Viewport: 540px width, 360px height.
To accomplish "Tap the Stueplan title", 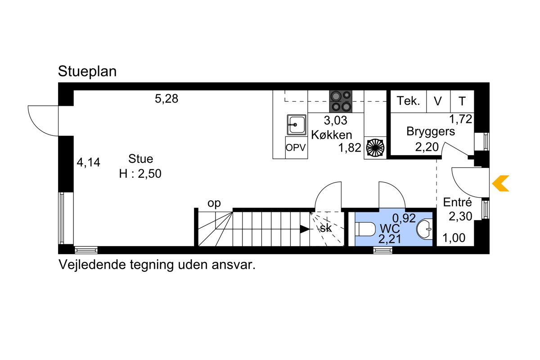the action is tap(87, 72).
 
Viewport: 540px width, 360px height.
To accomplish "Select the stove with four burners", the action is tap(341, 102).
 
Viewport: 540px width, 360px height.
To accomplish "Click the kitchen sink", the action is tap(297, 125).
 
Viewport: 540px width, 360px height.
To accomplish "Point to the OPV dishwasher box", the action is tap(296, 148).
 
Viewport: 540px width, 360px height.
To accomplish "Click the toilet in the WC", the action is tap(365, 229).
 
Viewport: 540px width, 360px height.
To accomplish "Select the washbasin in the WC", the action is tap(425, 229).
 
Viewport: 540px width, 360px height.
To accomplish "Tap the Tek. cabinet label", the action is tap(409, 101).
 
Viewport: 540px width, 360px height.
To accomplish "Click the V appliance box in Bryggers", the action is tap(438, 101).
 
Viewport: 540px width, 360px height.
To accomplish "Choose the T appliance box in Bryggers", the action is tap(462, 101).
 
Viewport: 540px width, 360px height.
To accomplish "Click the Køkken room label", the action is tap(332, 135).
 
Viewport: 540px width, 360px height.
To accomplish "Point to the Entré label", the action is tap(457, 202).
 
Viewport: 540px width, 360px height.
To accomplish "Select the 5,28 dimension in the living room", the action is tap(166, 99).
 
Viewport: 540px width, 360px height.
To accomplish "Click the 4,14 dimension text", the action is tap(89, 162).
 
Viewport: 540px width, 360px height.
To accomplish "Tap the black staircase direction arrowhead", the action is tap(305, 229).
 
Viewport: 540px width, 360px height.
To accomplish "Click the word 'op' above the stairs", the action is tap(214, 203).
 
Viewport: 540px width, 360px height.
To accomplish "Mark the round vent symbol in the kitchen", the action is tap(375, 148).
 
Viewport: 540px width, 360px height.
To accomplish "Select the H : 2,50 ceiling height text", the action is tap(140, 174).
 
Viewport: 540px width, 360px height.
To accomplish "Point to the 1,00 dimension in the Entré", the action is tap(454, 238).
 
